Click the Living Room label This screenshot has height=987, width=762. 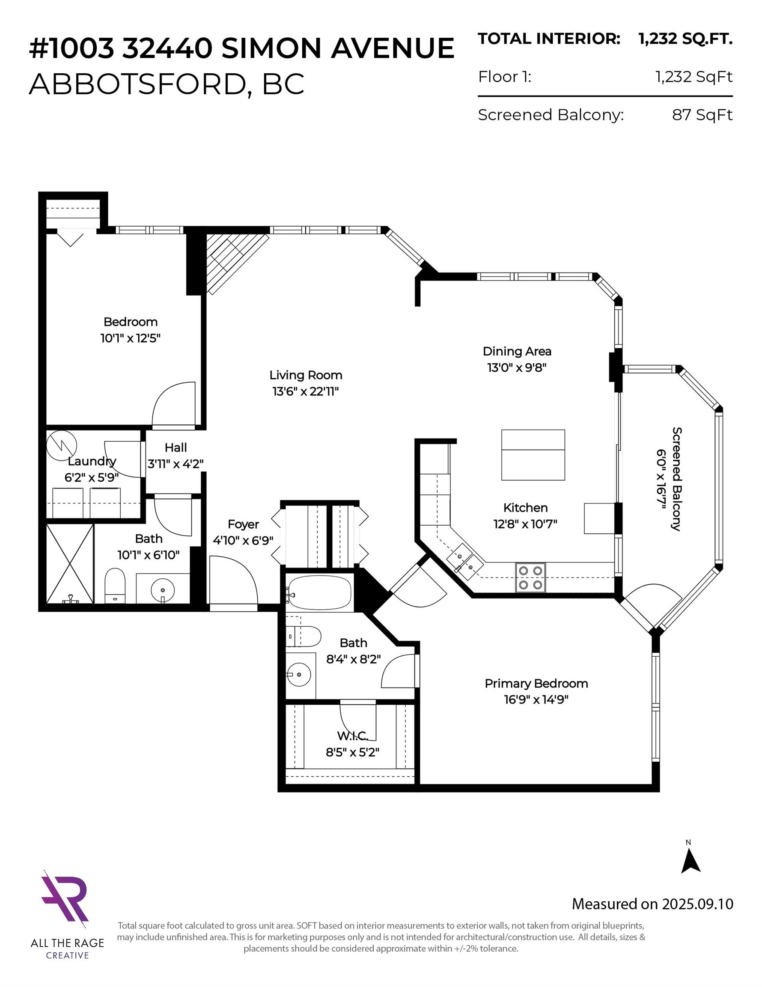pos(305,375)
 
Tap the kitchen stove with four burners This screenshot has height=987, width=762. pos(530,577)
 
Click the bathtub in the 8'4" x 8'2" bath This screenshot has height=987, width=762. pos(320,592)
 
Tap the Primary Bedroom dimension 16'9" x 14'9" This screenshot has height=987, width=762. pos(536,700)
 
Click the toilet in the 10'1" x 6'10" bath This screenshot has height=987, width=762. pos(115,585)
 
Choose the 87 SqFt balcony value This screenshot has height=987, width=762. pos(702,115)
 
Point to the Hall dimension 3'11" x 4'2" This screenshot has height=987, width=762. pos(175,464)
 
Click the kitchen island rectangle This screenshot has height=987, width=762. pos(533,455)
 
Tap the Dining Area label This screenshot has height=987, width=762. pos(517,351)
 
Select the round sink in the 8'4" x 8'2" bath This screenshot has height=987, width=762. pos(298,675)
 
